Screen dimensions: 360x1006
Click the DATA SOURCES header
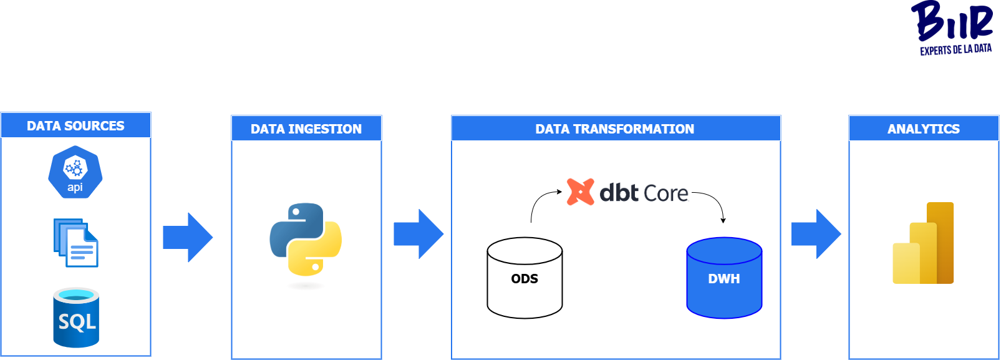click(x=75, y=125)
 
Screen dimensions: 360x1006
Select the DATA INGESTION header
click(x=306, y=129)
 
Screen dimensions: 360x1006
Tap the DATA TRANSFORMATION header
click(x=615, y=129)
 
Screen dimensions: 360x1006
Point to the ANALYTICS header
click(x=924, y=129)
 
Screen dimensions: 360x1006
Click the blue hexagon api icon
click(x=75, y=172)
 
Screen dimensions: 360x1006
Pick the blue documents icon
click(x=76, y=243)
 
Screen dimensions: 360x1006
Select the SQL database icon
click(x=76, y=318)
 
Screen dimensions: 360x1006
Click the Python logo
click(x=306, y=240)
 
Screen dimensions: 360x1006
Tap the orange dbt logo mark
click(x=580, y=192)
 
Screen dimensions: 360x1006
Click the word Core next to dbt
click(x=665, y=193)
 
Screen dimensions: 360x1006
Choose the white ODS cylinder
click(x=525, y=278)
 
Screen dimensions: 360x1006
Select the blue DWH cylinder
click(x=724, y=278)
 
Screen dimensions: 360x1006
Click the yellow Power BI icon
click(x=924, y=243)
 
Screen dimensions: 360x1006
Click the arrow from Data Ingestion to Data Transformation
click(x=418, y=234)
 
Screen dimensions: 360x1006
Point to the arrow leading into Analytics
click(x=816, y=234)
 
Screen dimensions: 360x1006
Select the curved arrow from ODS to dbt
click(x=539, y=199)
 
